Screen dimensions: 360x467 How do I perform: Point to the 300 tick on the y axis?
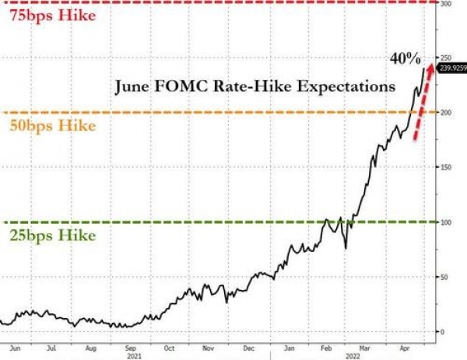[446, 4]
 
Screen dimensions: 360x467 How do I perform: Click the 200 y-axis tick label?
[446, 113]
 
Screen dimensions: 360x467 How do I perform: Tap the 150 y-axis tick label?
[446, 167]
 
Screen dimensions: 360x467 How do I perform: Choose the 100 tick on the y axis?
[446, 222]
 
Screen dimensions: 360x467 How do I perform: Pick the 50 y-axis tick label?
[444, 277]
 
